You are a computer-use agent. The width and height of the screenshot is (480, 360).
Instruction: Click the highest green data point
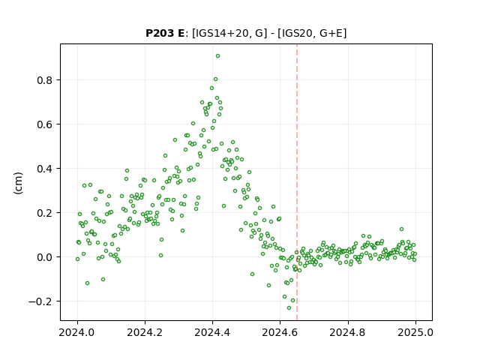click(217, 56)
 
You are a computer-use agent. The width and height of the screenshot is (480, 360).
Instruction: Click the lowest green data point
click(289, 308)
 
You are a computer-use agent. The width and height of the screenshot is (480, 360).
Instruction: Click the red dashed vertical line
click(297, 182)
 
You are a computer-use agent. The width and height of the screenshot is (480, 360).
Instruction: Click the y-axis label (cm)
click(18, 183)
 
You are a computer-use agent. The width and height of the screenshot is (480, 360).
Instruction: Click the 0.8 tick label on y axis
click(45, 80)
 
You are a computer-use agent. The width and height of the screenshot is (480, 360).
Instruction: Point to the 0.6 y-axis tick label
click(45, 124)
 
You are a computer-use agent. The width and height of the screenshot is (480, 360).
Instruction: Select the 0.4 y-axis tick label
click(45, 169)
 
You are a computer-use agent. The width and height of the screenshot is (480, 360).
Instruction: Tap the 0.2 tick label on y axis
click(45, 213)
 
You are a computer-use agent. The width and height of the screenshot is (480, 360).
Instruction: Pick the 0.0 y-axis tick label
click(45, 257)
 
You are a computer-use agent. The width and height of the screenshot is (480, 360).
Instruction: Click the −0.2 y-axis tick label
click(40, 301)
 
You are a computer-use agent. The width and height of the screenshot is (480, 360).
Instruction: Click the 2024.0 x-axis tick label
click(77, 332)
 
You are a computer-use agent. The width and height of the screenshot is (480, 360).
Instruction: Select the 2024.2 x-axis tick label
click(145, 332)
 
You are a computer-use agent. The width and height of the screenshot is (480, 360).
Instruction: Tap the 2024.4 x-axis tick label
click(212, 332)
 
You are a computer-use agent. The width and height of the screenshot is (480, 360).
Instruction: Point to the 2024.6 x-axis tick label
click(280, 332)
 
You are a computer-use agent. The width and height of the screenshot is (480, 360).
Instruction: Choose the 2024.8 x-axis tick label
click(348, 332)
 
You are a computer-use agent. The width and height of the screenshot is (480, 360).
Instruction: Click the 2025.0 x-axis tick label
click(415, 332)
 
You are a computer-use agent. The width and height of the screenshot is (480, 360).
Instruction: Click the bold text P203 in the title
click(159, 33)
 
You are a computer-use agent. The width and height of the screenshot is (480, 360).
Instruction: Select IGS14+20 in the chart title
click(221, 33)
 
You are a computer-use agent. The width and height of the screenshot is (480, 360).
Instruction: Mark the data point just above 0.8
click(215, 79)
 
